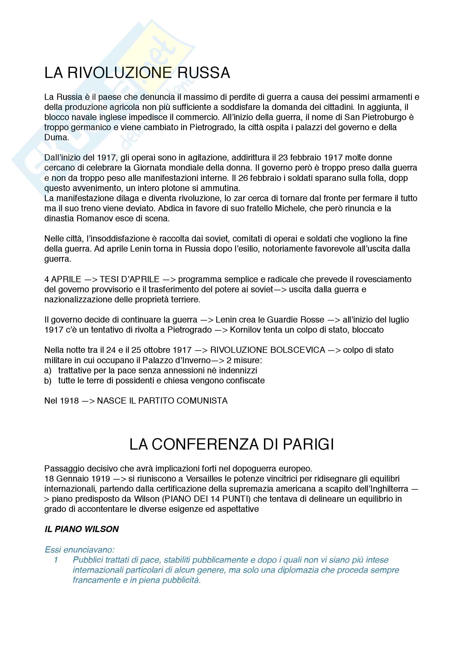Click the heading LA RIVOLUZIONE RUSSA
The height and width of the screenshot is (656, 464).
pyautogui.click(x=137, y=73)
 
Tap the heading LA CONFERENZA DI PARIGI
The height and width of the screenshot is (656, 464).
pyautogui.click(x=232, y=445)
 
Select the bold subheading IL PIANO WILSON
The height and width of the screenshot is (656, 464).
pyautogui.click(x=82, y=529)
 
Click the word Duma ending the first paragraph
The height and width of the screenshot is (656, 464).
pyautogui.click(x=56, y=137)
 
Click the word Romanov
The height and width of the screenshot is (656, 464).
pyautogui.click(x=93, y=218)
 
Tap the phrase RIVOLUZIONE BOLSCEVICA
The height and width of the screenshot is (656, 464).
pyautogui.click(x=268, y=350)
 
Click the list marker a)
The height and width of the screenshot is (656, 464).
pyautogui.click(x=48, y=370)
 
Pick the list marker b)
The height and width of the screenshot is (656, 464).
pyautogui.click(x=48, y=381)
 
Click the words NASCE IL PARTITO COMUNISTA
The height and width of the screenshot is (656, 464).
pyautogui.click(x=162, y=401)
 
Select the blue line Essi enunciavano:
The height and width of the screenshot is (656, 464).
pyautogui.click(x=79, y=549)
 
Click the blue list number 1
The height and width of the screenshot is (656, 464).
pyautogui.click(x=56, y=560)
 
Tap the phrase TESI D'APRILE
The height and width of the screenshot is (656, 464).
pyautogui.click(x=129, y=279)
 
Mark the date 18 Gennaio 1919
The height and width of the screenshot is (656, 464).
pyautogui.click(x=77, y=478)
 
